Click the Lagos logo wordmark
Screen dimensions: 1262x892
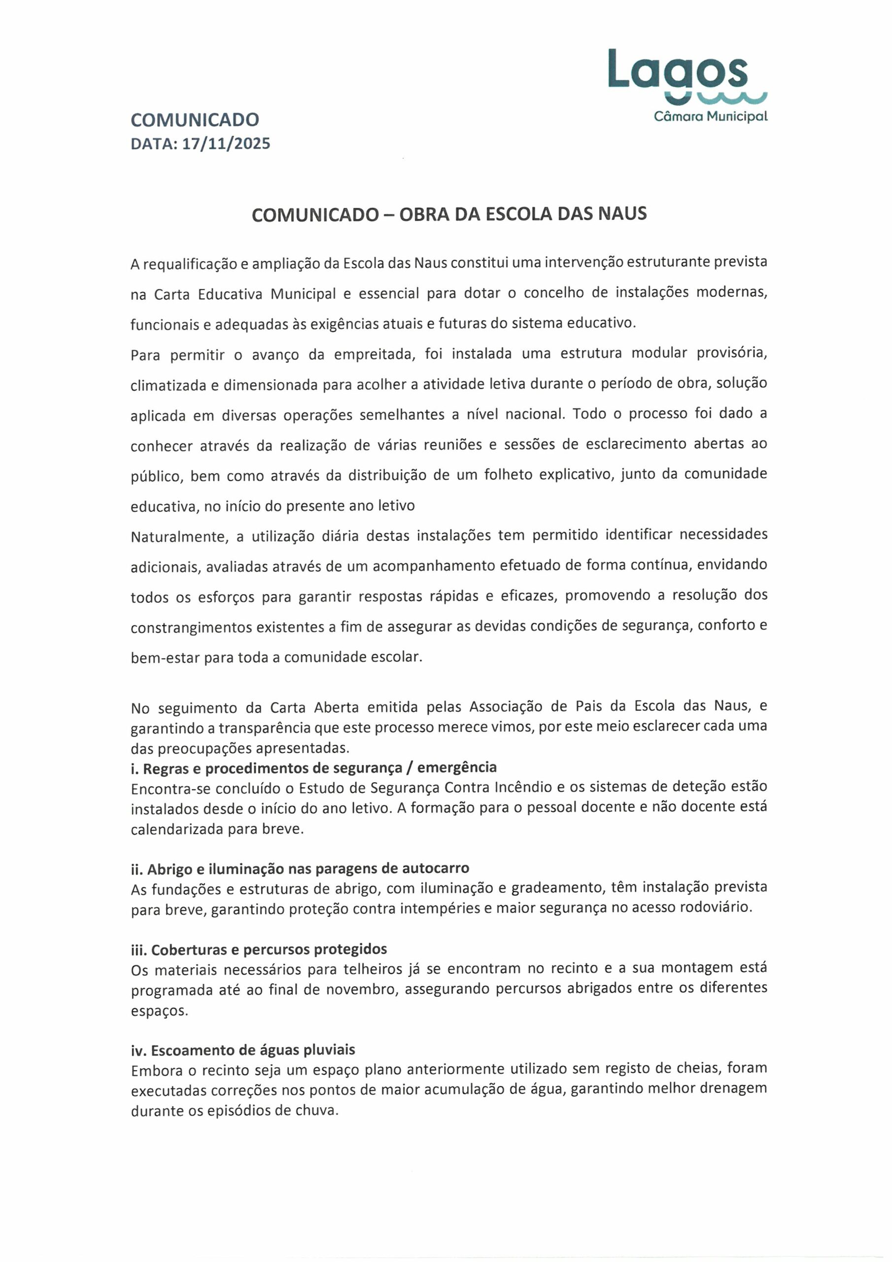click(x=678, y=70)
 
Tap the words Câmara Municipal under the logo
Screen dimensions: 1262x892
click(x=710, y=116)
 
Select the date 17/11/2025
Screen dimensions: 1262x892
click(x=226, y=144)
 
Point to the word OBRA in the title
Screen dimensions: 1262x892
click(x=424, y=214)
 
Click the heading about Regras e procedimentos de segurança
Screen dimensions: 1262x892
click(x=313, y=767)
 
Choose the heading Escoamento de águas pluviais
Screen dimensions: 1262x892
click(x=243, y=1051)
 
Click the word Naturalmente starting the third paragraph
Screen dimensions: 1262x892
click(x=179, y=536)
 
